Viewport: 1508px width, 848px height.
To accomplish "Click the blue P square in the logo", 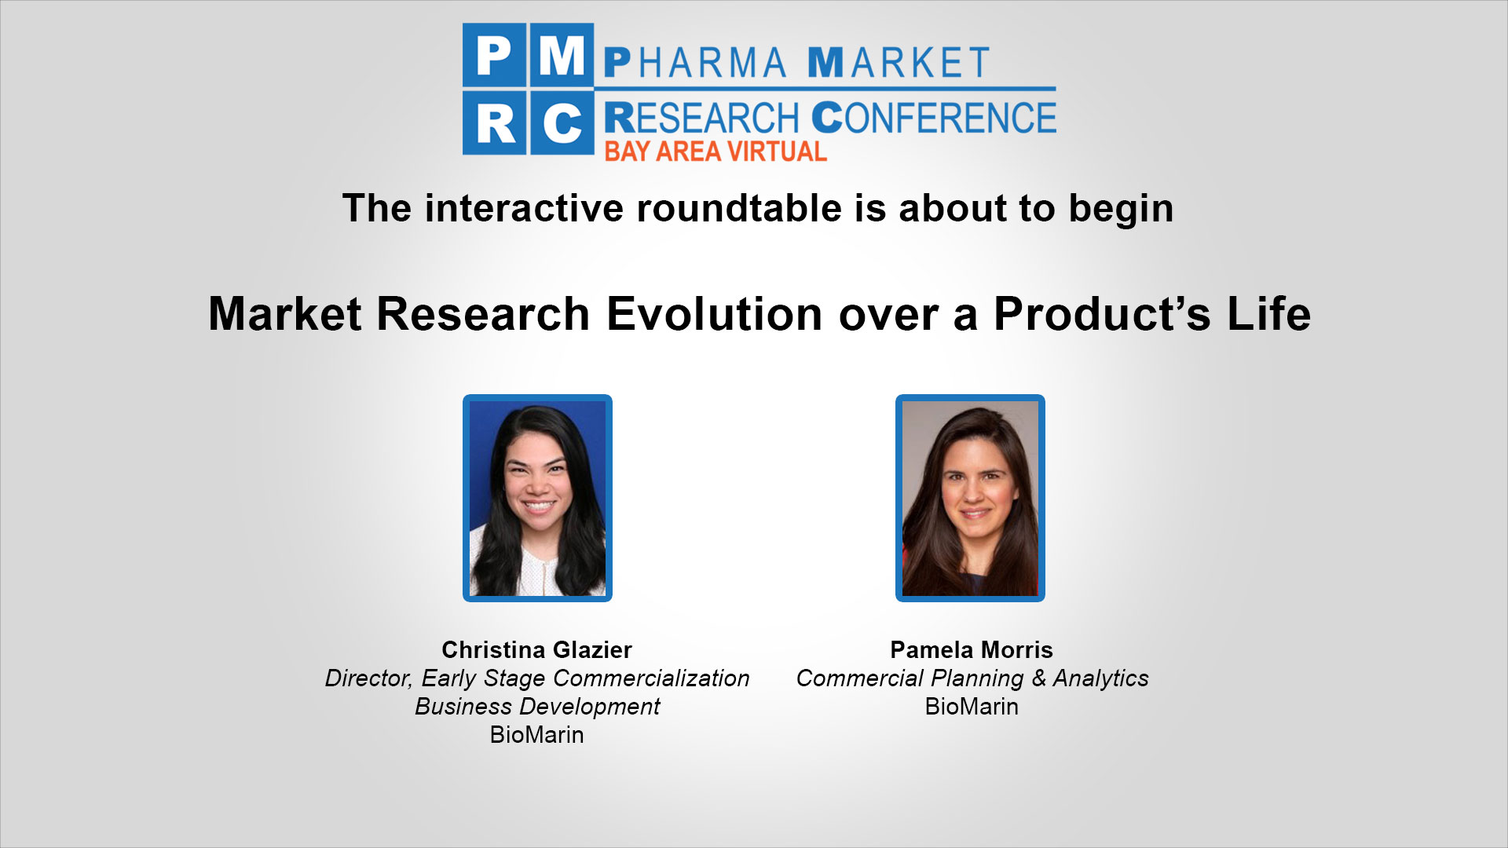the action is click(495, 54).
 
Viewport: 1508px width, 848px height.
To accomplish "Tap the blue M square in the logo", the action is click(562, 54).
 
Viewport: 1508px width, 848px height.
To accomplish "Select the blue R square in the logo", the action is click(495, 123).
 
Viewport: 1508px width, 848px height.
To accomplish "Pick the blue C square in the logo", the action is click(562, 123).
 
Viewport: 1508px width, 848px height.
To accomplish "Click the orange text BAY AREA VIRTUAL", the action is click(716, 152).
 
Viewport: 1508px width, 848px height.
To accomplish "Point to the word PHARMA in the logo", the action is click(695, 63).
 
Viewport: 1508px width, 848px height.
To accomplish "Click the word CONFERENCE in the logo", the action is click(934, 118).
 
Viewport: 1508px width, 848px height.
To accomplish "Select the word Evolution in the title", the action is click(715, 314).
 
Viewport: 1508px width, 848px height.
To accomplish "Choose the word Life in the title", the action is click(1269, 314).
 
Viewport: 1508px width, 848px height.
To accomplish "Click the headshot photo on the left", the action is click(537, 498).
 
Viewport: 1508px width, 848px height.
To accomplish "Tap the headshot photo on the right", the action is click(970, 498).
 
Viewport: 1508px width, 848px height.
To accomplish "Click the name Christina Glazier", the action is click(536, 650).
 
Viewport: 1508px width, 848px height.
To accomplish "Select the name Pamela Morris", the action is click(972, 650).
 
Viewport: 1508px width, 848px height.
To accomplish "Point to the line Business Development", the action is click(537, 707).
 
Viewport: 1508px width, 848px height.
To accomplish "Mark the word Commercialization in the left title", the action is click(651, 678).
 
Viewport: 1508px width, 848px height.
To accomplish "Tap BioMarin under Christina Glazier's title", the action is click(536, 735).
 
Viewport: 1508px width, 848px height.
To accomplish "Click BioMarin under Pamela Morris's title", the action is click(972, 707).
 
